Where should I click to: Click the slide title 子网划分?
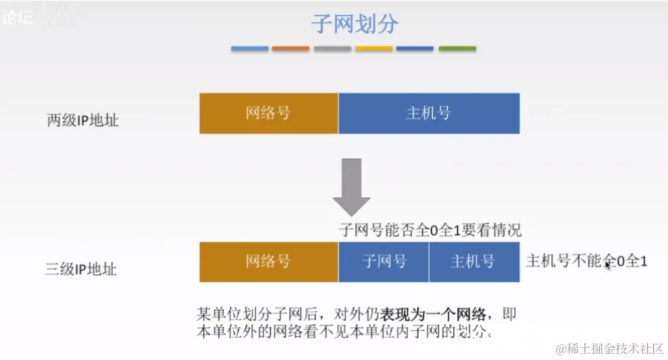pos(355,24)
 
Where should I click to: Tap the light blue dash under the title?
pos(250,49)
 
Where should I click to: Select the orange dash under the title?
pos(291,49)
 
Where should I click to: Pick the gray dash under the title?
pos(332,49)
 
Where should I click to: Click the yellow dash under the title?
pos(374,49)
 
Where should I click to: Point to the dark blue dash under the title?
pos(415,49)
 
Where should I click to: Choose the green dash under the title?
pos(457,49)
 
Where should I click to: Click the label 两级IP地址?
pos(82,121)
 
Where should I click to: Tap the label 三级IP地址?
pos(81,269)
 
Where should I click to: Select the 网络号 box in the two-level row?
pos(268,113)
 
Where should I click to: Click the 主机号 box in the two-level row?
pos(428,113)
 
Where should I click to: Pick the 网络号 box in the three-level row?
pos(268,261)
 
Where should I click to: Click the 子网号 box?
pos(384,261)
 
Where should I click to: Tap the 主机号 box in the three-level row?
pos(473,261)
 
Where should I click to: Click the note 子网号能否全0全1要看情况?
pos(430,230)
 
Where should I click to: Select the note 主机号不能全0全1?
pos(586,261)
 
